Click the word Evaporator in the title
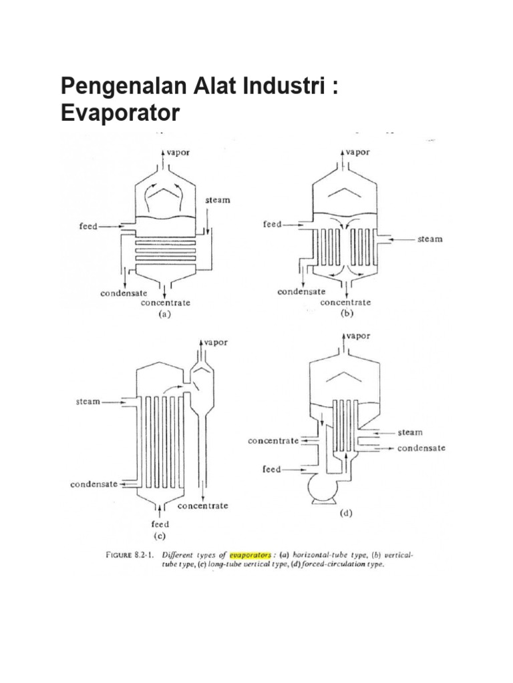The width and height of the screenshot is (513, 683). pyautogui.click(x=120, y=113)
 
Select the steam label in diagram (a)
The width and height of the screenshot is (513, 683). pyautogui.click(x=217, y=200)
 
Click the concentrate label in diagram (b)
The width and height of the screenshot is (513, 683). pyautogui.click(x=345, y=302)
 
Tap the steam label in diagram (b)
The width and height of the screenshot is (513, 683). pyautogui.click(x=430, y=239)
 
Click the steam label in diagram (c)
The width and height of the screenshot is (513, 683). pyautogui.click(x=88, y=402)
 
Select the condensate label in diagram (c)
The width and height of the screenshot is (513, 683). pyautogui.click(x=94, y=484)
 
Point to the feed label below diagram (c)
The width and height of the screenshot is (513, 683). pyautogui.click(x=160, y=524)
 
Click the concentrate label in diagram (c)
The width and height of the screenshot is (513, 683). pyautogui.click(x=202, y=506)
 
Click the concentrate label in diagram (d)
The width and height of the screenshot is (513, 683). pyautogui.click(x=273, y=441)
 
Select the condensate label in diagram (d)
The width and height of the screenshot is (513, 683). pyautogui.click(x=421, y=448)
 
